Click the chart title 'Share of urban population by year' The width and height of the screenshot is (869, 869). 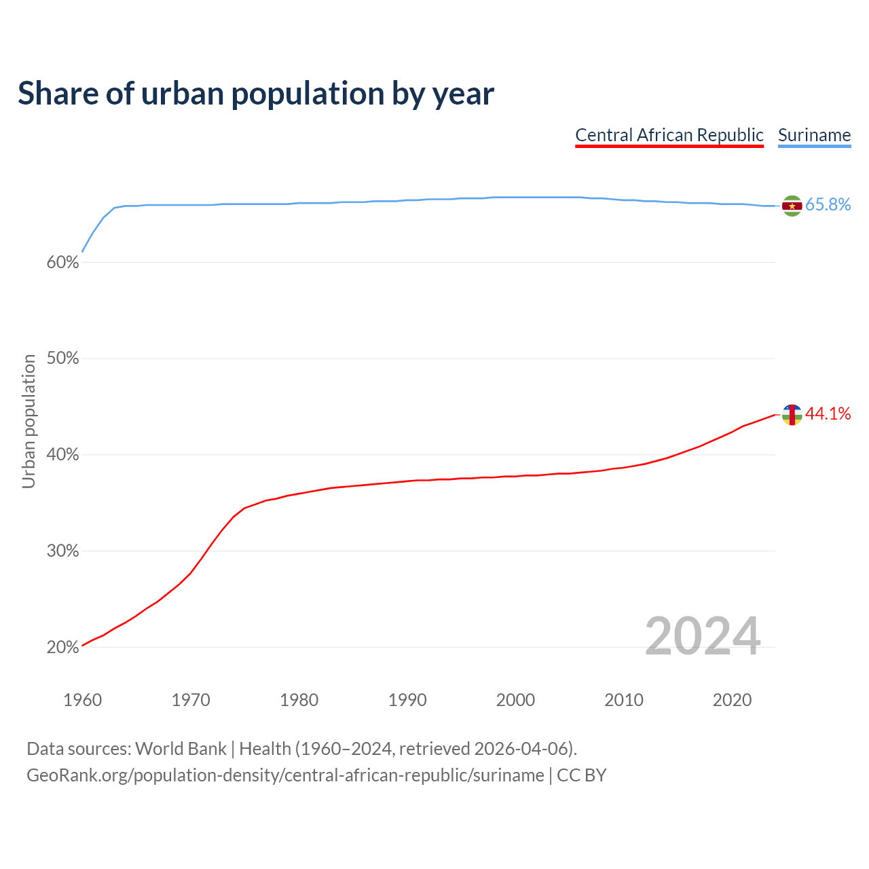pyautogui.click(x=256, y=94)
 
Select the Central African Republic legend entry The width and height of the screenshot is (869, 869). pyautogui.click(x=669, y=135)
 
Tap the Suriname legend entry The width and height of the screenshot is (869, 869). pyautogui.click(x=814, y=135)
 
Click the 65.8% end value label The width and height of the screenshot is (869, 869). pyautogui.click(x=828, y=205)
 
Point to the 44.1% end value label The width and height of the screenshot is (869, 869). pyautogui.click(x=828, y=414)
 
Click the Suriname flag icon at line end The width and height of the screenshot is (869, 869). pyautogui.click(x=792, y=206)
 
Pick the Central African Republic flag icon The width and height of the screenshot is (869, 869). pyautogui.click(x=792, y=414)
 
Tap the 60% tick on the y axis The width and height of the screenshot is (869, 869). pyautogui.click(x=62, y=263)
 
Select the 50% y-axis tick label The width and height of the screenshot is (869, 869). pyautogui.click(x=62, y=358)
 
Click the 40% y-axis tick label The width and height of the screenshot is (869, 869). pyautogui.click(x=62, y=455)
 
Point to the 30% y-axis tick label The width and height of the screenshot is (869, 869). pyautogui.click(x=62, y=551)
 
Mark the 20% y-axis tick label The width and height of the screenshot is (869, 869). pyautogui.click(x=62, y=648)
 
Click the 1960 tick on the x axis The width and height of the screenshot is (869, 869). pyautogui.click(x=82, y=700)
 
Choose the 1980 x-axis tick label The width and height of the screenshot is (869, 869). pyautogui.click(x=299, y=700)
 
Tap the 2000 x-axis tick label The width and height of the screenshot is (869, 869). pyautogui.click(x=515, y=700)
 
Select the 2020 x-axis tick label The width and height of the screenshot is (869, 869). pyautogui.click(x=732, y=700)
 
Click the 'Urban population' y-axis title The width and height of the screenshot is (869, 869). pyautogui.click(x=29, y=421)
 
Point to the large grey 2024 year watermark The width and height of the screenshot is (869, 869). pyautogui.click(x=703, y=636)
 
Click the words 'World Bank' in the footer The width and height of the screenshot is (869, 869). pyautogui.click(x=181, y=749)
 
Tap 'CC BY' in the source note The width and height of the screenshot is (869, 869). pyautogui.click(x=581, y=775)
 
